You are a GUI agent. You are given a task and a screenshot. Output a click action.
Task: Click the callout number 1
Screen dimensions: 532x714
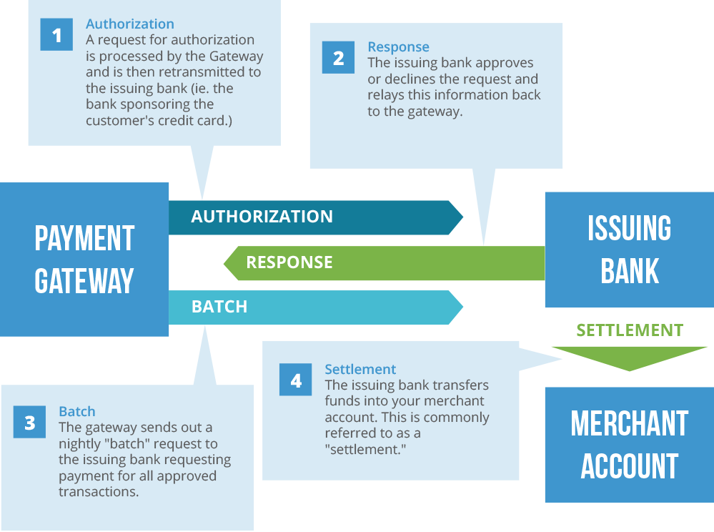pyautogui.click(x=57, y=36)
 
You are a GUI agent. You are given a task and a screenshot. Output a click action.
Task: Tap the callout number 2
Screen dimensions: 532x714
pyautogui.click(x=339, y=59)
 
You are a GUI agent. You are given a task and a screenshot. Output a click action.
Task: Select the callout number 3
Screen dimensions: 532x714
pyautogui.click(x=29, y=423)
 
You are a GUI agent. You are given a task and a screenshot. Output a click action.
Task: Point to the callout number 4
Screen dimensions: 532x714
pyautogui.click(x=296, y=380)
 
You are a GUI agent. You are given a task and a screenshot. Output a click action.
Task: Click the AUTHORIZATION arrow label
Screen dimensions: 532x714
pyautogui.click(x=262, y=217)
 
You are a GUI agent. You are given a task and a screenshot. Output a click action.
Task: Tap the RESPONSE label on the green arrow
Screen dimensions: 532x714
pyautogui.click(x=289, y=262)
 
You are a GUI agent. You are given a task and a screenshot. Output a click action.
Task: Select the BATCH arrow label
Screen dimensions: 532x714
pyautogui.click(x=219, y=307)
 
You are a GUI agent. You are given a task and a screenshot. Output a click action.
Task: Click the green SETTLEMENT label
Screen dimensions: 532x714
pyautogui.click(x=630, y=330)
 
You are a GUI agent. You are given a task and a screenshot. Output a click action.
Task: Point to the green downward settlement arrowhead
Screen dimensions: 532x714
pyautogui.click(x=630, y=358)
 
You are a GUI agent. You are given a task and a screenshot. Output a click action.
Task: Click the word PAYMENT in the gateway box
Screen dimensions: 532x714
pyautogui.click(x=84, y=239)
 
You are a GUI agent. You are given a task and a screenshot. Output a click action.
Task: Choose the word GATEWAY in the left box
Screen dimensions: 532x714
pyautogui.click(x=84, y=280)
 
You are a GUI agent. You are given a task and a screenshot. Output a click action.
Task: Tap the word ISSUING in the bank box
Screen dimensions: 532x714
pyautogui.click(x=630, y=229)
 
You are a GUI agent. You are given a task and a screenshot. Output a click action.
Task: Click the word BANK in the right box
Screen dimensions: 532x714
pyautogui.click(x=630, y=272)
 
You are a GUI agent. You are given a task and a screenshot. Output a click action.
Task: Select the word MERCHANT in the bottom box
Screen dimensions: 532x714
pyautogui.click(x=630, y=424)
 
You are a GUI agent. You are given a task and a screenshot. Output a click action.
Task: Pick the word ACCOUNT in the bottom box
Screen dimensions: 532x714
pyautogui.click(x=630, y=467)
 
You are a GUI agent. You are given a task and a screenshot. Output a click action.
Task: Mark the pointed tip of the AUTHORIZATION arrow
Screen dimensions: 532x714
pyautogui.click(x=463, y=217)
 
